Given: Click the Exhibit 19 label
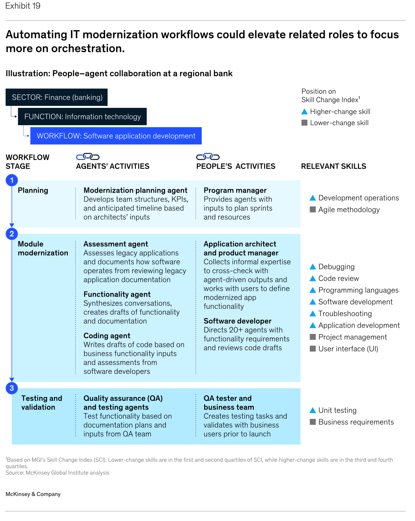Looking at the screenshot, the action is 23,5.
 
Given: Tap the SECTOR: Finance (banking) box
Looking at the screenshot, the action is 56,97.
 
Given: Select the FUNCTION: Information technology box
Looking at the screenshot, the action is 82,117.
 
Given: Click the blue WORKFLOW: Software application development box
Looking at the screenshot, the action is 116,136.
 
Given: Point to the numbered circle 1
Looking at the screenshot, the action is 12,180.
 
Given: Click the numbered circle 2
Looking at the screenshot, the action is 12,234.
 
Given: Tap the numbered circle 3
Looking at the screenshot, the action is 12,388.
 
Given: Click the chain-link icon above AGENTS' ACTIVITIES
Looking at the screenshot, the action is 87,157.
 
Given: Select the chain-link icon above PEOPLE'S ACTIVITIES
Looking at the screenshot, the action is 208,157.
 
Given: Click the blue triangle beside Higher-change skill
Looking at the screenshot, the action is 304,111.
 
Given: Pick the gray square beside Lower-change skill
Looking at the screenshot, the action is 304,123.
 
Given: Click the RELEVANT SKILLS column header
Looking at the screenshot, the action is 333,166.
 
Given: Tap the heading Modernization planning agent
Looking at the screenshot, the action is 135,190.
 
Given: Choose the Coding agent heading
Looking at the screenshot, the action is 107,335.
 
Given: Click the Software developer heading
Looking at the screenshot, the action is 237,321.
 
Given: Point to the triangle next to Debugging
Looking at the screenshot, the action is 313,267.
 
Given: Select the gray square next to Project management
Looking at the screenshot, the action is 313,337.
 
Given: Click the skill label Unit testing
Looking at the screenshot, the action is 337,410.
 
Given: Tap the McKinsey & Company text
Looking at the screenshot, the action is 33,494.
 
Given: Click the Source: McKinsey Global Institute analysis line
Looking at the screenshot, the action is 57,473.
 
